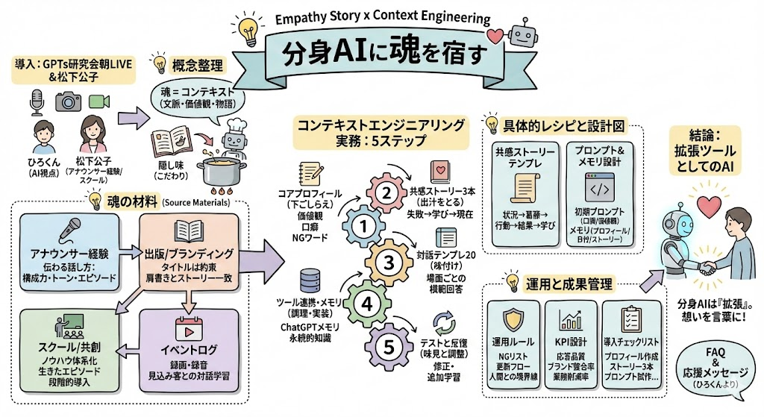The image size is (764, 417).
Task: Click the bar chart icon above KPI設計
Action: pyautogui.click(x=572, y=320)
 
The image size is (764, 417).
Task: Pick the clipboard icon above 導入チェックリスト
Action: pyautogui.click(x=631, y=321)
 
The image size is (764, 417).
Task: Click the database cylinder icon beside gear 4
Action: pyautogui.click(x=307, y=283)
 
